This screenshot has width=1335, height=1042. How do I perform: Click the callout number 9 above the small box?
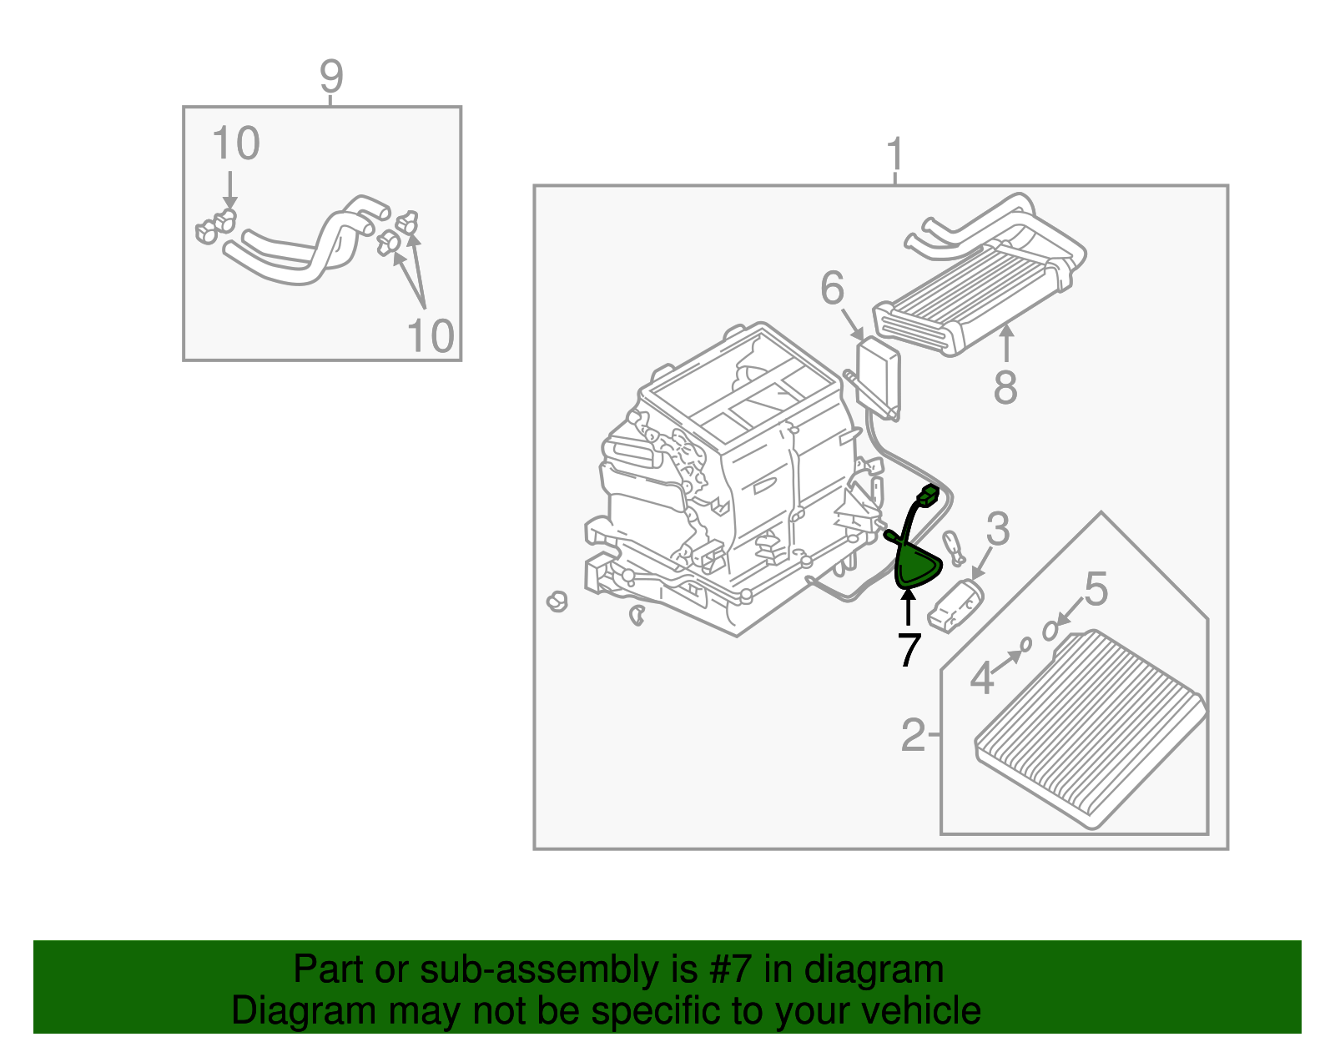(331, 77)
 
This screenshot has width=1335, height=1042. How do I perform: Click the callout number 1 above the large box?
(895, 155)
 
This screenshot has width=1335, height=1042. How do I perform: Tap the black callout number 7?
(909, 649)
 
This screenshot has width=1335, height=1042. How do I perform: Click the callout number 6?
(832, 289)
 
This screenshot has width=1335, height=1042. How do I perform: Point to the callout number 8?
(1005, 387)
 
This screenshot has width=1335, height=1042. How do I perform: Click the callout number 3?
(998, 529)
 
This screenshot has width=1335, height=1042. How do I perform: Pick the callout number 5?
(1096, 589)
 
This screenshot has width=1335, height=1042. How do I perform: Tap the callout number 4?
(982, 677)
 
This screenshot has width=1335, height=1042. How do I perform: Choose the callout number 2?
(913, 735)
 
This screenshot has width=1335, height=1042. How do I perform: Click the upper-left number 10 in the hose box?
(236, 143)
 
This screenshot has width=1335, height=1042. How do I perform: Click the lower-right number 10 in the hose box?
(431, 335)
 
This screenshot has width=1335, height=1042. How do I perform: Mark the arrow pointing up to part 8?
(1006, 343)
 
